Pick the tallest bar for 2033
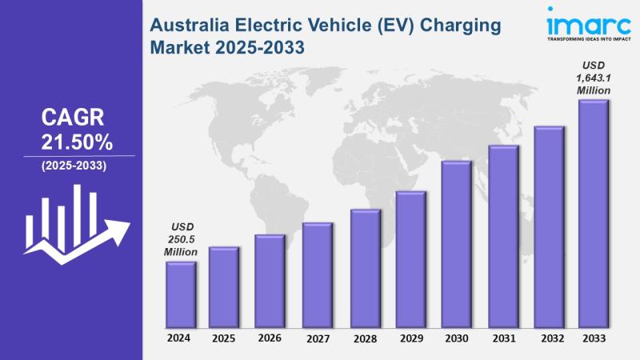[594, 211]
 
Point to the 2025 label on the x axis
[224, 338]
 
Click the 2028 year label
[364, 338]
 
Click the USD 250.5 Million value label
[181, 238]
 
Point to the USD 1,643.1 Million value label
[594, 78]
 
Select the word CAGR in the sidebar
[73, 118]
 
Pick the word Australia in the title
[189, 25]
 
